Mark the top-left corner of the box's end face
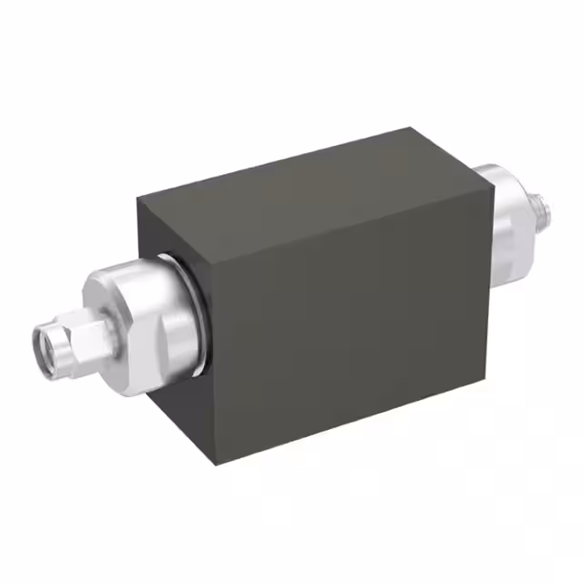coord(138,198)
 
